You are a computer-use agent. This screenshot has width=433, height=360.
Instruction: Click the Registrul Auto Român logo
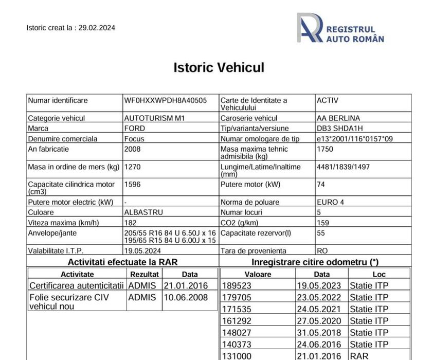pos(340,28)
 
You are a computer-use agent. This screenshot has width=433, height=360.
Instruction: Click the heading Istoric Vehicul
pos(219,67)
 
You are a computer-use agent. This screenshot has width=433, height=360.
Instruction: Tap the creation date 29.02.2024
pos(97,28)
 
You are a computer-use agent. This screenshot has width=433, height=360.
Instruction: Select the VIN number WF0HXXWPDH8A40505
pos(166,100)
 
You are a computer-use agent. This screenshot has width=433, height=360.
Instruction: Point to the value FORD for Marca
pos(135,128)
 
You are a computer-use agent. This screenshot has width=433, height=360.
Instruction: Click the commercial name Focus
pos(134,139)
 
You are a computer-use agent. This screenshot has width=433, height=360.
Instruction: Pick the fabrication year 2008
pos(133,149)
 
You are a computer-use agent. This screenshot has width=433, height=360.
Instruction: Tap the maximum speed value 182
pos(131,223)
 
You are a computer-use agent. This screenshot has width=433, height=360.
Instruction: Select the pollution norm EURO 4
pos(335,202)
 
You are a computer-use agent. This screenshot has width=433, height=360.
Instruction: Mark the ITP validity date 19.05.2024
pos(143,250)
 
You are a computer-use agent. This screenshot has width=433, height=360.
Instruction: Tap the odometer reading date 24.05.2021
pos(315,309)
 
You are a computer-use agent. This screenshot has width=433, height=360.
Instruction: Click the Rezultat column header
pos(144,275)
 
